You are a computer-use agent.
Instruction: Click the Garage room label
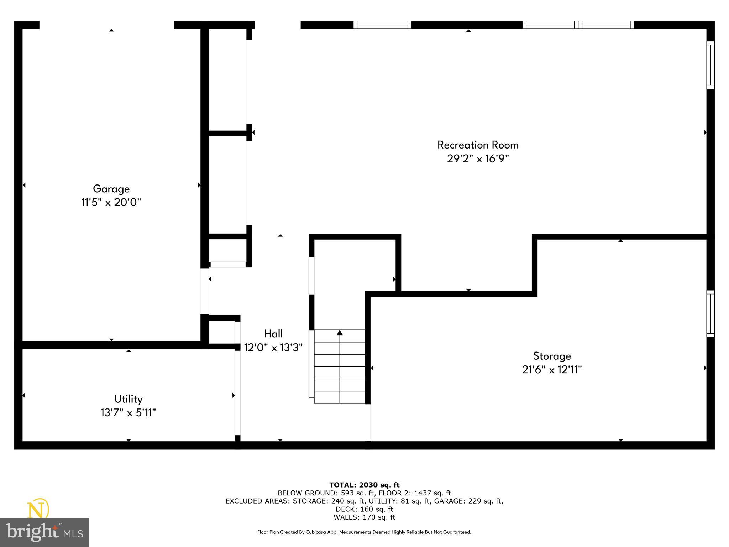point(111,189)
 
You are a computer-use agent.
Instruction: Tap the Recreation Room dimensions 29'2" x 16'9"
point(478,158)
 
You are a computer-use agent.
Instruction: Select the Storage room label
point(552,356)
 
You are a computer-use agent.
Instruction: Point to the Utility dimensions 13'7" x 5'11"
point(128,413)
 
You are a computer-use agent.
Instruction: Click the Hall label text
point(273,334)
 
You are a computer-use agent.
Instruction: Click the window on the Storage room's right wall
point(710,313)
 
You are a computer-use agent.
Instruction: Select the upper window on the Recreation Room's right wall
point(710,65)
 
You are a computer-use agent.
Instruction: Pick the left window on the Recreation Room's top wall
point(382,25)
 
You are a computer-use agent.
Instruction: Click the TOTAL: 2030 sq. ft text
point(364,485)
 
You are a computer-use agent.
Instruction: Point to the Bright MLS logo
point(44,532)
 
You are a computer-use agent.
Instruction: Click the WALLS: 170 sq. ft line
point(364,517)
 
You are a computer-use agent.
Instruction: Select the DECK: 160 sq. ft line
point(364,509)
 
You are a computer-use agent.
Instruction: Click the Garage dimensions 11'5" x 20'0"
point(111,203)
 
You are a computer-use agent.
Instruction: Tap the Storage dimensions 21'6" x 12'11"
point(552,370)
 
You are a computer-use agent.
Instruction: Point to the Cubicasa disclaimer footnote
point(364,532)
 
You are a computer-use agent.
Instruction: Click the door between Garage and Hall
point(205,291)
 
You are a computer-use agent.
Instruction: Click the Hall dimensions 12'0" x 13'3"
point(273,348)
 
